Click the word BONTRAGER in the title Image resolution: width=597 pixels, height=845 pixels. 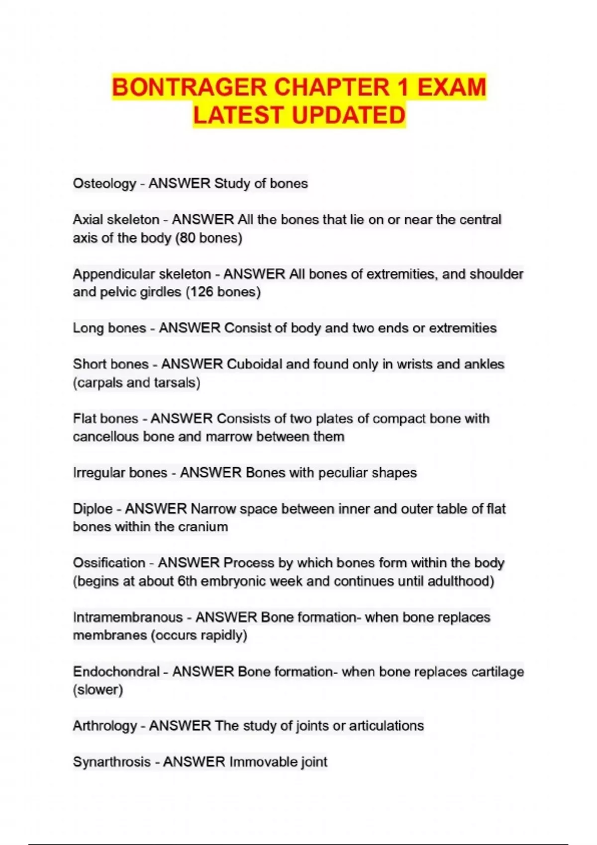click(190, 87)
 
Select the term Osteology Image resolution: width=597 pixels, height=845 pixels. click(104, 183)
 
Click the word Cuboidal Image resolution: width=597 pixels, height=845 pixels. click(254, 364)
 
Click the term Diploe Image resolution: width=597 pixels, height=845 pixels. click(93, 509)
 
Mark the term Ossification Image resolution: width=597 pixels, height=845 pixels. click(109, 563)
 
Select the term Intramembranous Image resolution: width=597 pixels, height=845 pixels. click(128, 617)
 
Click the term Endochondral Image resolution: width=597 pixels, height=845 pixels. click(116, 672)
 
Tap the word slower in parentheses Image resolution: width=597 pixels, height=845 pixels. click(98, 690)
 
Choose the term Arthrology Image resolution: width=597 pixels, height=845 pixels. click(105, 726)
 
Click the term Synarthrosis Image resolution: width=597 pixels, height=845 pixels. click(111, 762)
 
